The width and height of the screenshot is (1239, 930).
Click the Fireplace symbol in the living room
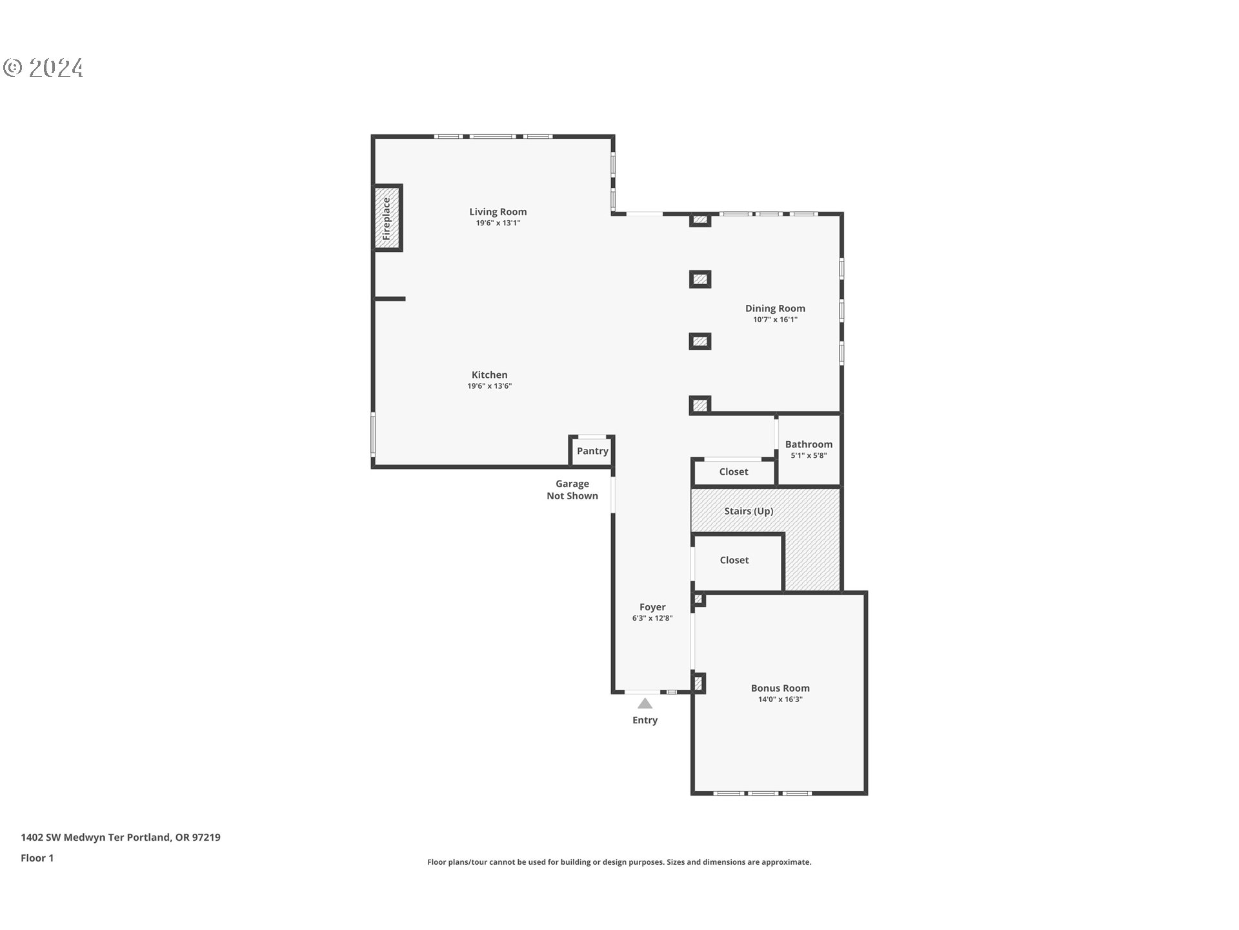pyautogui.click(x=387, y=218)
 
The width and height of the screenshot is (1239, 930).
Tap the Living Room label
pyautogui.click(x=498, y=212)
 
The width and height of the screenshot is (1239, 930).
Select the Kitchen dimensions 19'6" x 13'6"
pyautogui.click(x=489, y=386)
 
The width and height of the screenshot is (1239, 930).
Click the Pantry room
pyautogui.click(x=592, y=451)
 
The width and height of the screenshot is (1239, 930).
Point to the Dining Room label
pyautogui.click(x=774, y=309)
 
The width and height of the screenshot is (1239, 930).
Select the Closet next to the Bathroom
pyautogui.click(x=734, y=472)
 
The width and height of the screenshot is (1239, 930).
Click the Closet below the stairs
pyautogui.click(x=734, y=561)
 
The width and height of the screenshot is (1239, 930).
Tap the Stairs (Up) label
pyautogui.click(x=749, y=511)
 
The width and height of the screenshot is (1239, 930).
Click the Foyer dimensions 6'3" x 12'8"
pyautogui.click(x=652, y=619)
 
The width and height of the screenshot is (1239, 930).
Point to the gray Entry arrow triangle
pyautogui.click(x=645, y=704)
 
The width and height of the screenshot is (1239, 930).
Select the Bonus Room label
pyautogui.click(x=780, y=688)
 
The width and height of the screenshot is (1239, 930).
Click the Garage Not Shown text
pyautogui.click(x=572, y=490)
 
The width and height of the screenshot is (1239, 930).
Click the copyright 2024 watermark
pyautogui.click(x=43, y=68)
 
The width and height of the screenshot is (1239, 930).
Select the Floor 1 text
pyautogui.click(x=37, y=858)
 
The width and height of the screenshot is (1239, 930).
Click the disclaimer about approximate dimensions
pyautogui.click(x=619, y=862)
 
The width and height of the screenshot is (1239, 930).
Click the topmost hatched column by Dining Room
pyautogui.click(x=700, y=220)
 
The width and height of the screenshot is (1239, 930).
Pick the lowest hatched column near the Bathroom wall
pyautogui.click(x=700, y=406)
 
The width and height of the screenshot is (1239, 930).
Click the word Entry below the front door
pyautogui.click(x=645, y=720)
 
